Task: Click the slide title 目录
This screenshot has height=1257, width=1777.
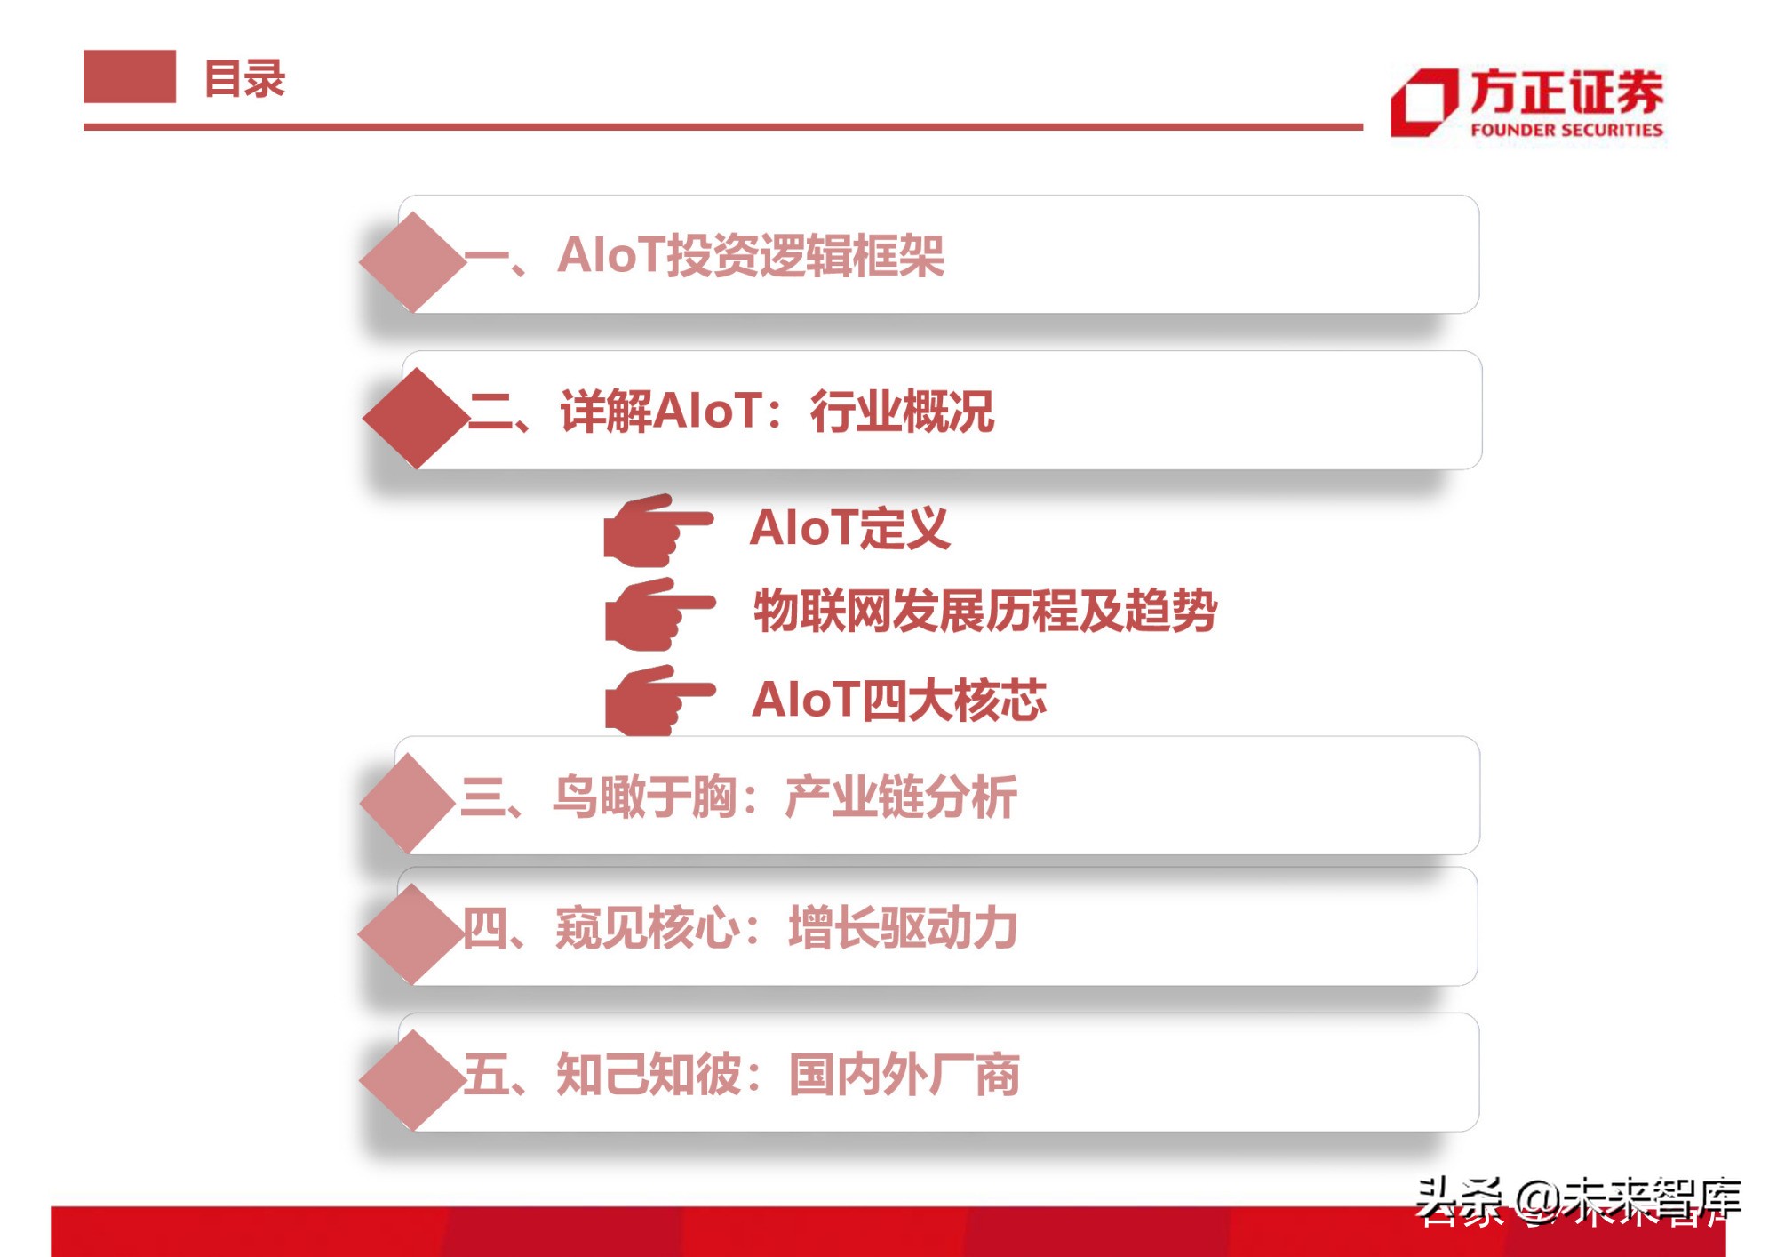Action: (244, 79)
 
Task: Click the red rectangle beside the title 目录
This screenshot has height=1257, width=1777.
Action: (130, 76)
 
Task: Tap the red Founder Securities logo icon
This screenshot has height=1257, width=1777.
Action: (1423, 103)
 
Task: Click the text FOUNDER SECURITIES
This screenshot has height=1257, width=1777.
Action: (1566, 130)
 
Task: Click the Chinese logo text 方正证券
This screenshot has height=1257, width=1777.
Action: (1566, 92)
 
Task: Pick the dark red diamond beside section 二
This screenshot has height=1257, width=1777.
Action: (416, 418)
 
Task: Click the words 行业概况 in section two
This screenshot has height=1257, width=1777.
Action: (901, 412)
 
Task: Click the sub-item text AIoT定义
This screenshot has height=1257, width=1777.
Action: (849, 528)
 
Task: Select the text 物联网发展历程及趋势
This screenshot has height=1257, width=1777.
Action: (984, 612)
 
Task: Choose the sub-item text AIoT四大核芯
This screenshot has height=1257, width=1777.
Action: (898, 700)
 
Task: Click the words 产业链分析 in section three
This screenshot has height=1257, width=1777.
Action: (900, 797)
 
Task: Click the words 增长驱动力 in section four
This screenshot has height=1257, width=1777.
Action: (903, 928)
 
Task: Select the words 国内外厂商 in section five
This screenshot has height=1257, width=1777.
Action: (904, 1075)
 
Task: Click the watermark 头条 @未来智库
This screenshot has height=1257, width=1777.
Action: (1577, 1199)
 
